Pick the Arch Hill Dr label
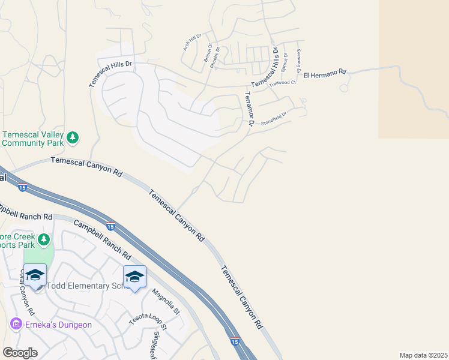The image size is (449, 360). [x=190, y=43]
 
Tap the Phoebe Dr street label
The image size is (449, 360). [x=215, y=58]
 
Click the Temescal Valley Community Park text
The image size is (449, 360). [x=32, y=139]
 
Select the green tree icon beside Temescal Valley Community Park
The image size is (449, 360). [x=73, y=139]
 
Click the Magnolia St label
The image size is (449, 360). [x=166, y=302]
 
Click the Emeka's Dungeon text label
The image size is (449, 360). [x=58, y=325]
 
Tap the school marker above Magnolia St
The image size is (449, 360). [x=134, y=276]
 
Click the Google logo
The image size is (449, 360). [x=20, y=352]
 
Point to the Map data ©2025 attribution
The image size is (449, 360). [x=423, y=355]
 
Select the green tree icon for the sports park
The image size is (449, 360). [x=43, y=240]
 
